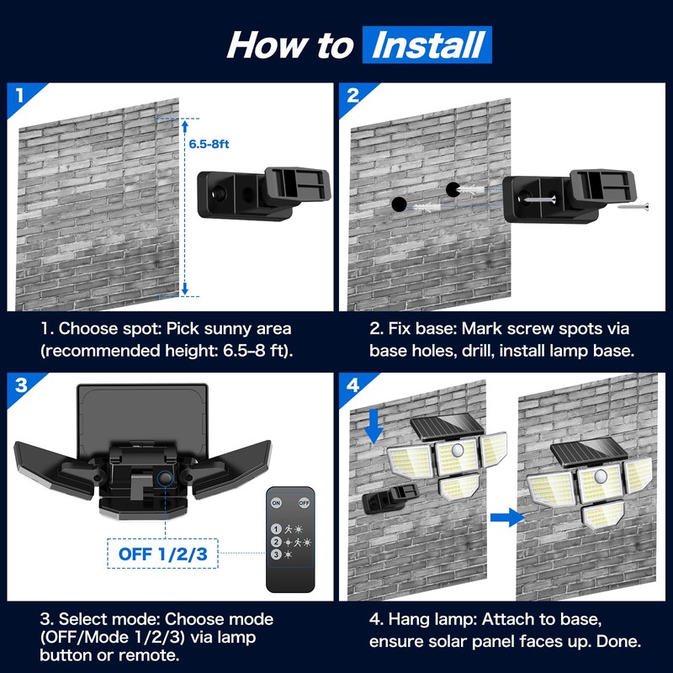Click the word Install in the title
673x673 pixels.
coord(427,44)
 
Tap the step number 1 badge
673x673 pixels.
coord(18,93)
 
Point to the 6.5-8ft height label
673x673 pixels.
coord(208,144)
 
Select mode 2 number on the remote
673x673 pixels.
coord(277,542)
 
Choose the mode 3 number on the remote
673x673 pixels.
coord(277,554)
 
